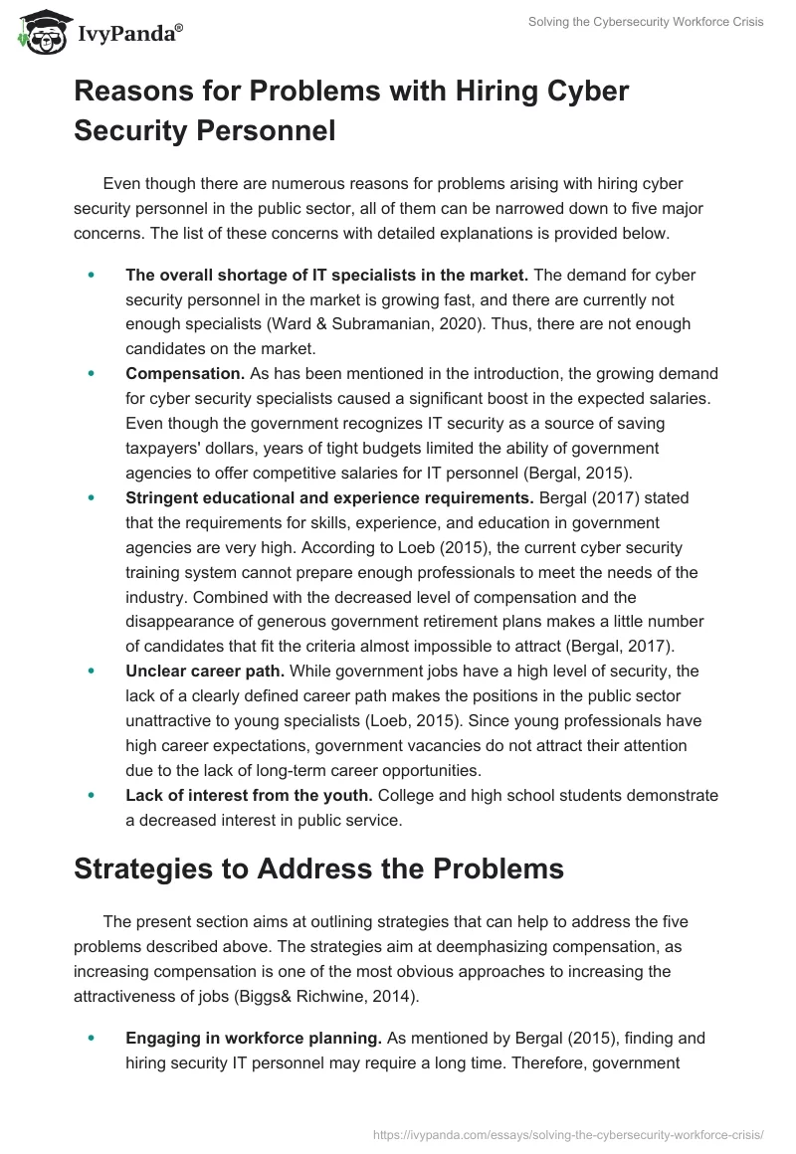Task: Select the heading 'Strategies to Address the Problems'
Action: point(318,867)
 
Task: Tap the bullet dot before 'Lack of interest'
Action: point(91,795)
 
